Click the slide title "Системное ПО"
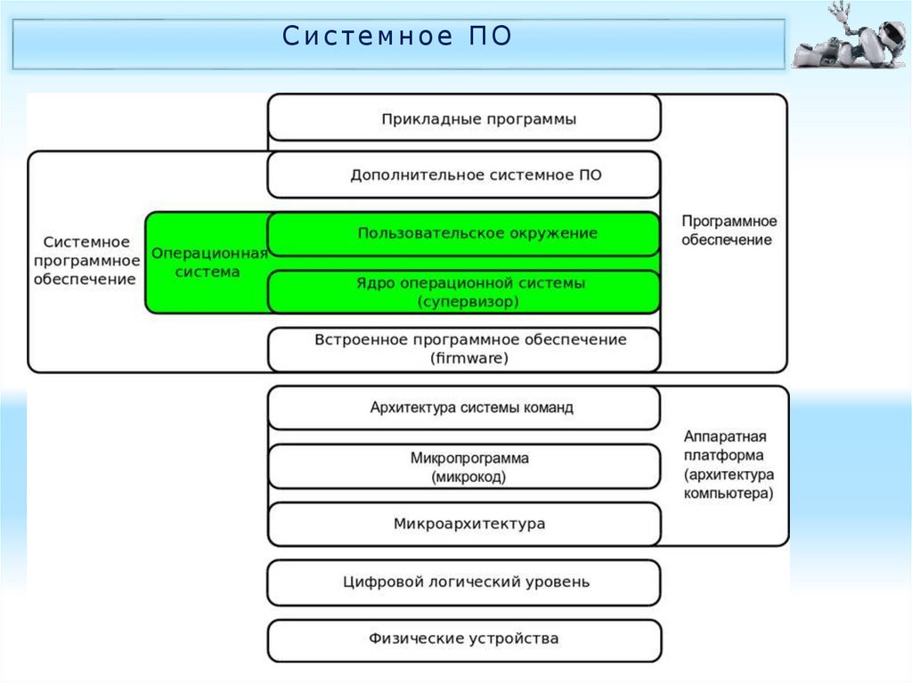tap(397, 37)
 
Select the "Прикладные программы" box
tap(464, 118)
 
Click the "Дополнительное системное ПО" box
tap(464, 175)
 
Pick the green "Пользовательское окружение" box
tap(464, 233)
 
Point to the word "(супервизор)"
tap(467, 302)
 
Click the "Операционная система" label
tap(208, 263)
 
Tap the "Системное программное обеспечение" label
tap(86, 260)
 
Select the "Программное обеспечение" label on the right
tap(728, 231)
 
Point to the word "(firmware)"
tap(468, 359)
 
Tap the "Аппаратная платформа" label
tap(725, 445)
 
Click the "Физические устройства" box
tap(464, 638)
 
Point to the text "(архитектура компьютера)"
tap(729, 484)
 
